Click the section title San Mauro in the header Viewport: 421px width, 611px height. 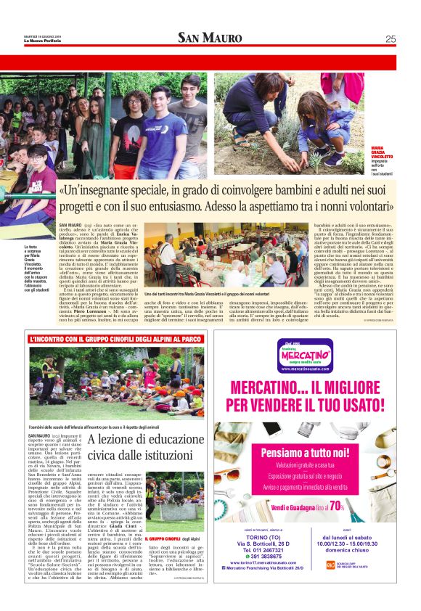coord(210,38)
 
